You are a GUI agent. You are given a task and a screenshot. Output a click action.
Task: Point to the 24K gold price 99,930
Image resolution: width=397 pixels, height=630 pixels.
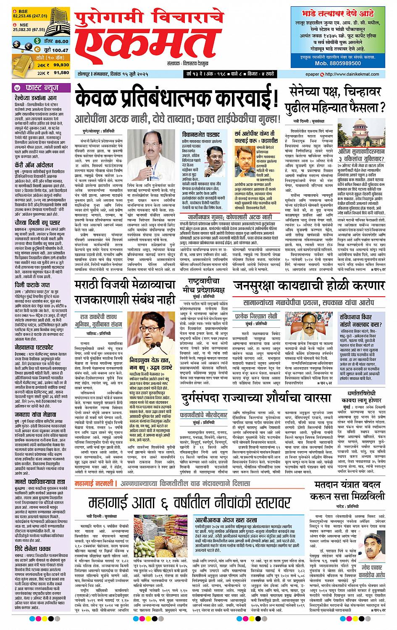tap(61, 65)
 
